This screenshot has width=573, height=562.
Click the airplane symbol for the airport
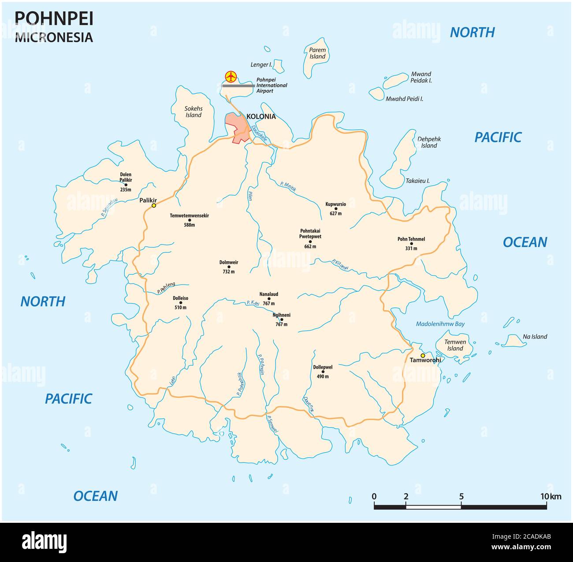[x=230, y=77]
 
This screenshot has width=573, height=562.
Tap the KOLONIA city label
[x=261, y=117]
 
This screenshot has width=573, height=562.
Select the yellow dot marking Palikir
[x=154, y=205]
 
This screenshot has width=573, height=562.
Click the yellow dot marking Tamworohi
[x=422, y=355]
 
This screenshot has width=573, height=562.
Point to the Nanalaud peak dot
[x=269, y=299]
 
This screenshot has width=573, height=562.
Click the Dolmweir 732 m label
[x=228, y=267]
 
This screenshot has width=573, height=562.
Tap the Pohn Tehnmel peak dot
[x=412, y=244]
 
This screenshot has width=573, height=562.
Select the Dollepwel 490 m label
[x=323, y=371]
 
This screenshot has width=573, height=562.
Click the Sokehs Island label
[x=193, y=111]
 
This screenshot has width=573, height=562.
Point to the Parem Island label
[x=317, y=53]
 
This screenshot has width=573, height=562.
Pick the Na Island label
[x=535, y=336]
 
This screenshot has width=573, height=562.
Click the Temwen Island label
[x=455, y=345]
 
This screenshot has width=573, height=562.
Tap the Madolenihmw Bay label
[x=440, y=324]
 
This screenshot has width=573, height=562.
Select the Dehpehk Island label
[x=428, y=142]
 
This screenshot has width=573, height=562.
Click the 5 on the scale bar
[x=461, y=496]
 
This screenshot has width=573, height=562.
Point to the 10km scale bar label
[x=551, y=496]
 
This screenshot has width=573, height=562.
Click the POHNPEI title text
[x=54, y=18]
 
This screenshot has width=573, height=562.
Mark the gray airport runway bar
[x=238, y=86]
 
